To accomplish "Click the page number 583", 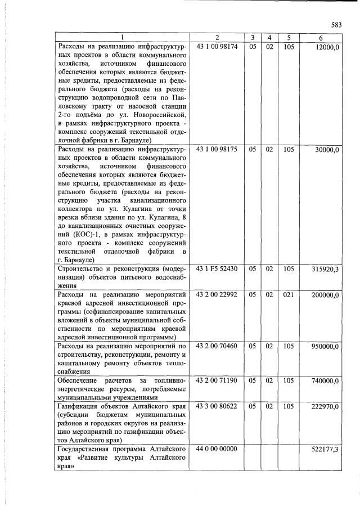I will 336,25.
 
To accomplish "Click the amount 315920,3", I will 324,269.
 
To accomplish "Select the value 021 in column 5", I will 289,294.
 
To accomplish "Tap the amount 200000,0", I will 324,294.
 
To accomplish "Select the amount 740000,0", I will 324,381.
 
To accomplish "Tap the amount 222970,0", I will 324,406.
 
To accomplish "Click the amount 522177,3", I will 324,449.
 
